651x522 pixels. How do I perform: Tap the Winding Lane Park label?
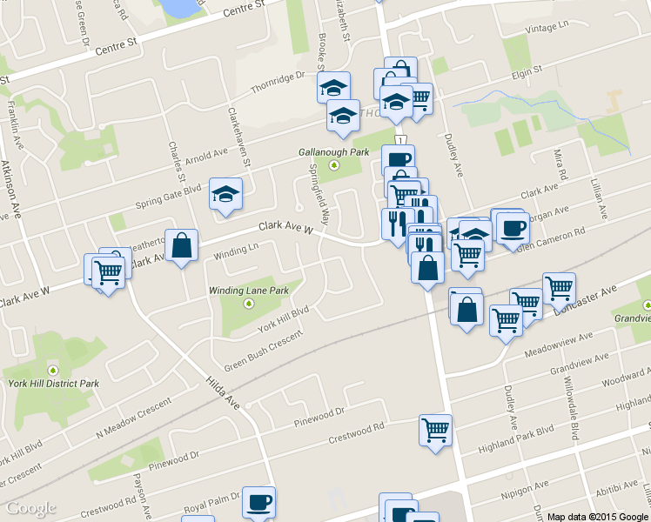click(x=247, y=291)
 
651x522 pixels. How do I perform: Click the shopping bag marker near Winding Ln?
click(x=182, y=246)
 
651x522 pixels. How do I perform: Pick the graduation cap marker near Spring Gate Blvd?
click(x=225, y=195)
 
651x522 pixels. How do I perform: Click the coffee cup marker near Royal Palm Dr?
click(x=258, y=502)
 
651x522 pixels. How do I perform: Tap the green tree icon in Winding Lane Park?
click(x=247, y=304)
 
